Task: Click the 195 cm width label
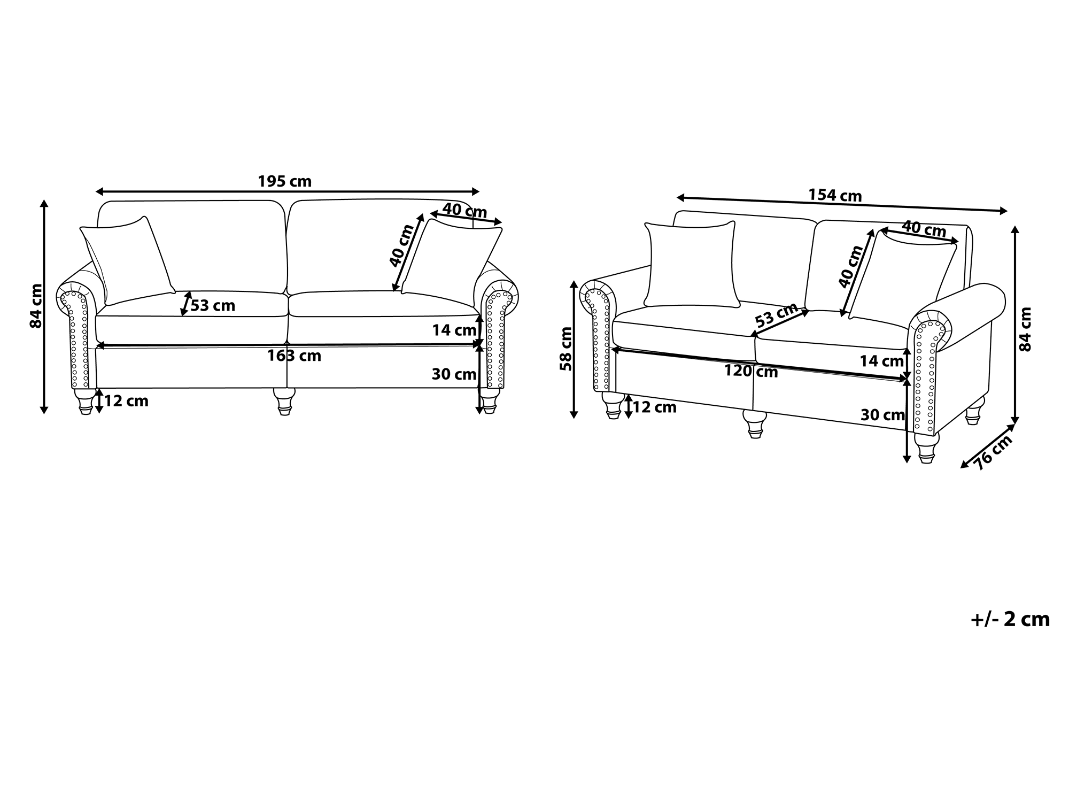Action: click(x=284, y=182)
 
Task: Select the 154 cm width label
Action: click(x=835, y=195)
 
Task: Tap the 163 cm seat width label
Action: click(x=295, y=356)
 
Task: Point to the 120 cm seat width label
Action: click(x=751, y=371)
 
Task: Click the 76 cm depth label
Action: click(x=994, y=452)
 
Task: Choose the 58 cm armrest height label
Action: click(x=566, y=349)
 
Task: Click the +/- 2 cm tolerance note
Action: click(x=1010, y=619)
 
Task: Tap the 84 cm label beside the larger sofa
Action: click(x=36, y=306)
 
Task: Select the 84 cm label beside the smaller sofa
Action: click(x=1026, y=329)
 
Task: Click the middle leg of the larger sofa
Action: click(x=284, y=401)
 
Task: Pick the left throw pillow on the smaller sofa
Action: click(x=692, y=264)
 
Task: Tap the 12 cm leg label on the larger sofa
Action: click(x=126, y=401)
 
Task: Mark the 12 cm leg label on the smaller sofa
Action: click(x=655, y=407)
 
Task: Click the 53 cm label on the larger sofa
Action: click(x=213, y=306)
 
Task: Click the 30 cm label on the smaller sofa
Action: click(x=882, y=415)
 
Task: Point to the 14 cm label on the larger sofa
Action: click(x=454, y=330)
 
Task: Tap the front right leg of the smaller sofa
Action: click(x=926, y=448)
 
